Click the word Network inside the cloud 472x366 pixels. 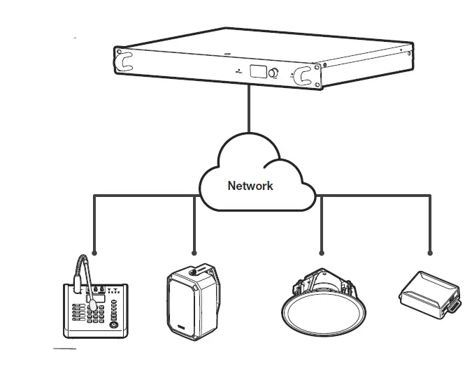[250, 186]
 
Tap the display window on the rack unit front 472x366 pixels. [257, 71]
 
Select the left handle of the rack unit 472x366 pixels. [126, 60]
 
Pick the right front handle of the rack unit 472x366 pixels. [304, 75]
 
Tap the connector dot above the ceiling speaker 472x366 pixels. [321, 252]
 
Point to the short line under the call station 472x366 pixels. [65, 346]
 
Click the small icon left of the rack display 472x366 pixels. [240, 71]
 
